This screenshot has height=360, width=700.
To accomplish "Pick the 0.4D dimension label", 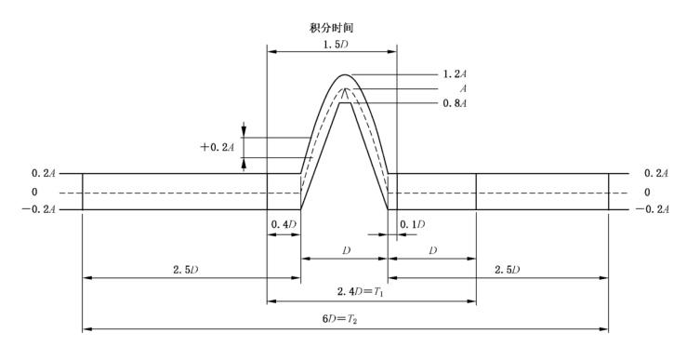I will click(284, 225).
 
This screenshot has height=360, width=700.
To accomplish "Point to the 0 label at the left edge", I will click(35, 193).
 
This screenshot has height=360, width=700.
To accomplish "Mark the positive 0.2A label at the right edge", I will click(654, 174).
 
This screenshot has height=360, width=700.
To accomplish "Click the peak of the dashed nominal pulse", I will click(345, 89).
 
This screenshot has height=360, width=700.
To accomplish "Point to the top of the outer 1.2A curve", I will click(345, 74).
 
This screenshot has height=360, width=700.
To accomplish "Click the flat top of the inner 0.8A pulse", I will click(345, 103).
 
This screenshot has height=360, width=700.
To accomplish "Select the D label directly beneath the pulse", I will click(345, 251).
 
